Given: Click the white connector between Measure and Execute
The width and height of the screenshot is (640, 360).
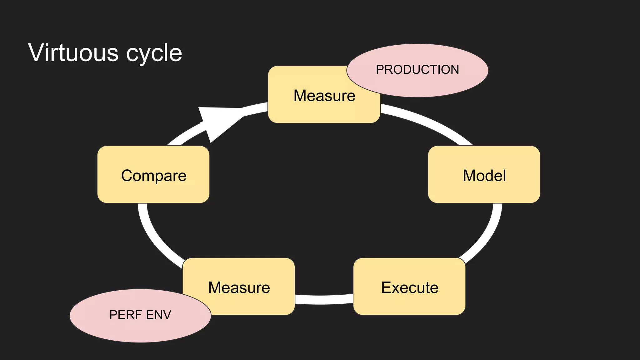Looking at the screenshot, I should [x=324, y=299].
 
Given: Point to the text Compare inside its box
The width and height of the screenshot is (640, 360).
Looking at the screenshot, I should [x=154, y=176].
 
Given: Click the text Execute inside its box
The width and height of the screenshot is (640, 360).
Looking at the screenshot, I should [x=410, y=287].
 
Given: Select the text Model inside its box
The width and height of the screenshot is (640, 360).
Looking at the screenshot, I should [x=484, y=176].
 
